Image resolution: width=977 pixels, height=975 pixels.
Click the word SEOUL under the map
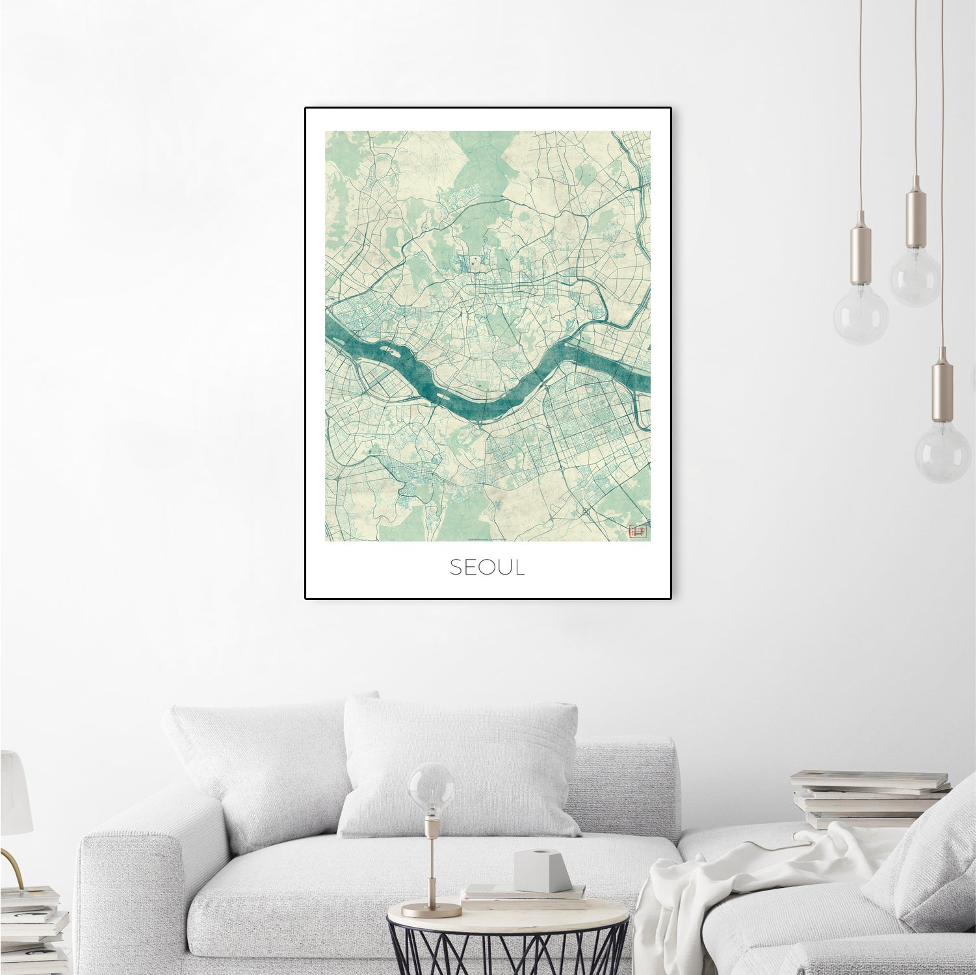(x=487, y=567)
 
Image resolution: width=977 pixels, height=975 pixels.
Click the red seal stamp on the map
(x=636, y=532)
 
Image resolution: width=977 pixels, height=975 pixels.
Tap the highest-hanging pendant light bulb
(x=915, y=276)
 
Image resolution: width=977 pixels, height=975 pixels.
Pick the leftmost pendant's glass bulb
(x=861, y=318)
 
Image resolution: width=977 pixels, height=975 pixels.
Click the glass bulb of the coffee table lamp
(x=431, y=786)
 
